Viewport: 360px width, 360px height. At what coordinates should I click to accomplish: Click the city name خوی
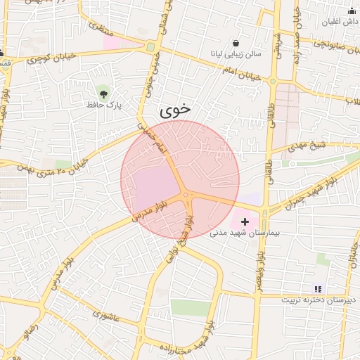[175, 110]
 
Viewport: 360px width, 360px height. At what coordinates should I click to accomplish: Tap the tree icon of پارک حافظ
[103, 92]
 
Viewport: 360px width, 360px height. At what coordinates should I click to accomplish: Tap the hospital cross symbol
[245, 221]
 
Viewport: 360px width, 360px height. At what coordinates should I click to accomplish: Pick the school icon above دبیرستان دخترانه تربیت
[318, 288]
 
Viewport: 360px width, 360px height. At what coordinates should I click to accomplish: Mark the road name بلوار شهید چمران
[311, 190]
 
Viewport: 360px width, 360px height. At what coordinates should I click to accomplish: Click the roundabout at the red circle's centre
[186, 194]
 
